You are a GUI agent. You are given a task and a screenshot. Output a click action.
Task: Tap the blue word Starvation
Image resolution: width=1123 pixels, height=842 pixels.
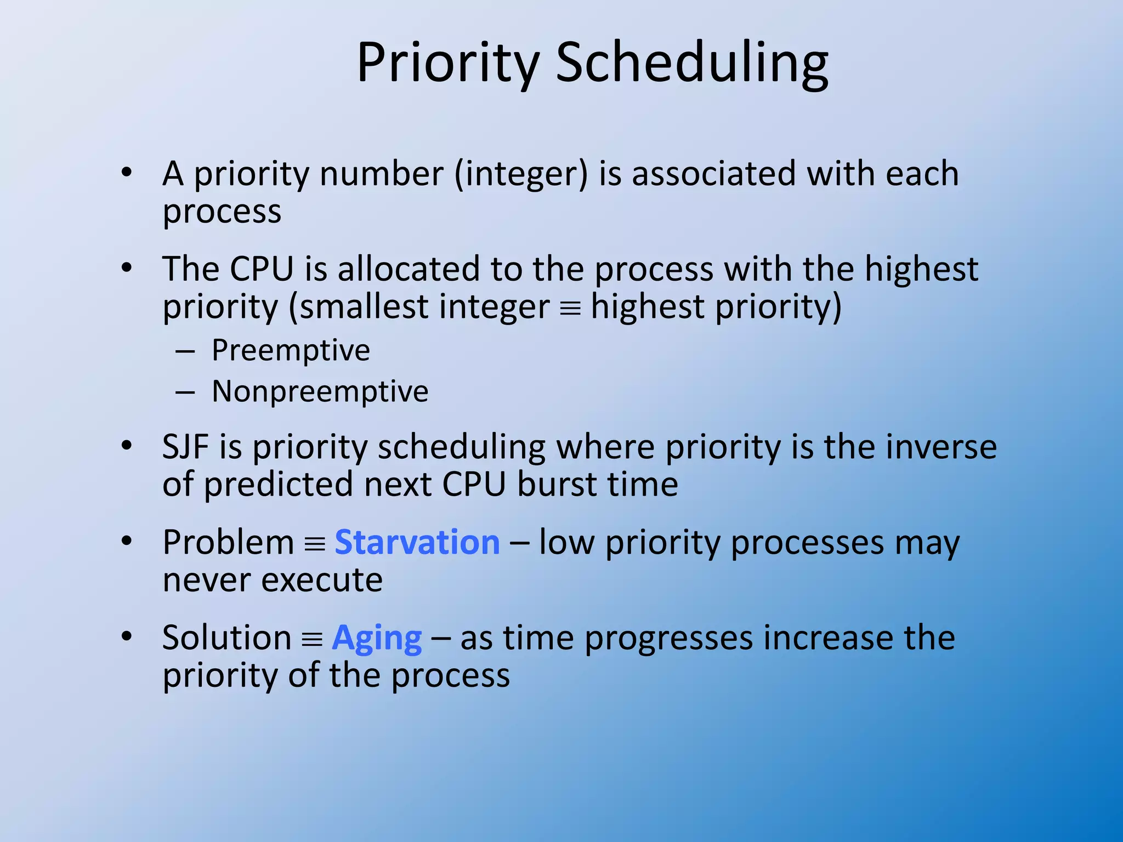pyautogui.click(x=417, y=543)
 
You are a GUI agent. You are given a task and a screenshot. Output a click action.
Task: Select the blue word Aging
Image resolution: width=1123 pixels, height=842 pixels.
pyautogui.click(x=377, y=638)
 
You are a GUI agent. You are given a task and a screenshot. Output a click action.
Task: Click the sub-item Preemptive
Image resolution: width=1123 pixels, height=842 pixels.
pyautogui.click(x=291, y=350)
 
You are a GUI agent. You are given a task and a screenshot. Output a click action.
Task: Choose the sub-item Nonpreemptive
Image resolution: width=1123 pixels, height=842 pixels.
pyautogui.click(x=320, y=391)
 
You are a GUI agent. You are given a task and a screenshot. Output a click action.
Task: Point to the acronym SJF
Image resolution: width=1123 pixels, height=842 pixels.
pyautogui.click(x=185, y=447)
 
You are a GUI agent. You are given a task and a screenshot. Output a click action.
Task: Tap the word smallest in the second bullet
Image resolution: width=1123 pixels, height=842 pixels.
pyautogui.click(x=364, y=307)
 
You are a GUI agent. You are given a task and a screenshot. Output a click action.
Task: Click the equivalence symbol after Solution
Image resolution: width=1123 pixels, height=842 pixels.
pyautogui.click(x=312, y=640)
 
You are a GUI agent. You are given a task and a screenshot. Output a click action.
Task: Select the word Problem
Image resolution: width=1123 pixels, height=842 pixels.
pyautogui.click(x=229, y=543)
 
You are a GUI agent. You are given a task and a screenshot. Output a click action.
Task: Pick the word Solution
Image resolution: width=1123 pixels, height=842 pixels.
pyautogui.click(x=226, y=638)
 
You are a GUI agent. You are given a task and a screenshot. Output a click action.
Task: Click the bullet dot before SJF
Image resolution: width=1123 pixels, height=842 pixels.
pyautogui.click(x=127, y=446)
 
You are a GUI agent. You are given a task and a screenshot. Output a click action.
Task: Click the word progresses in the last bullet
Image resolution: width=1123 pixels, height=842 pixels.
pyautogui.click(x=669, y=638)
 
